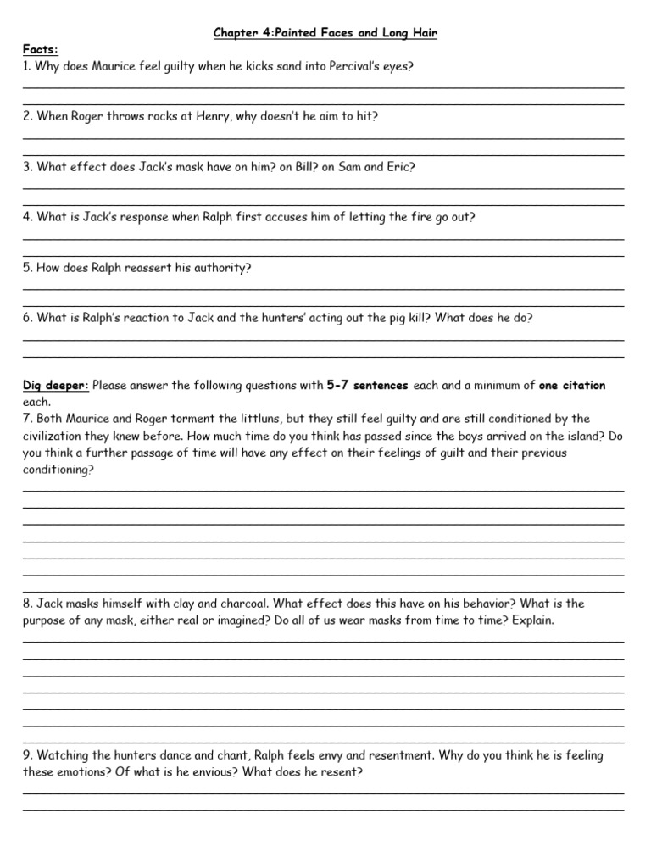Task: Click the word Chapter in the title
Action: pyautogui.click(x=236, y=33)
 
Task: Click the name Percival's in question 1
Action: pyautogui.click(x=356, y=66)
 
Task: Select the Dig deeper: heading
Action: pyautogui.click(x=55, y=386)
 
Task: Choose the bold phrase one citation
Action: pyautogui.click(x=572, y=386)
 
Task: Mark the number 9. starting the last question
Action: pyautogui.click(x=28, y=755)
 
